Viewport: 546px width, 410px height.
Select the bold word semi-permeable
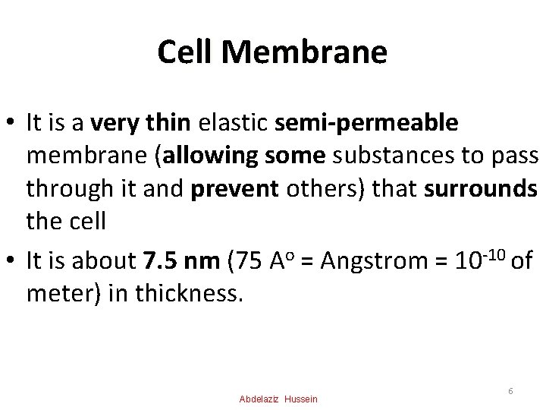pyautogui.click(x=367, y=121)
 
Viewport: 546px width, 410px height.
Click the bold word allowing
pyautogui.click(x=217, y=156)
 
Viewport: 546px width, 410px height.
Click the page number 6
pyautogui.click(x=511, y=390)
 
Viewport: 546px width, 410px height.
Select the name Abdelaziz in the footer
pyautogui.click(x=259, y=399)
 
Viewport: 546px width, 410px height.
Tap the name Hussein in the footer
pyautogui.click(x=302, y=399)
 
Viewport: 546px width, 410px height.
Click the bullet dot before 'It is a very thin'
pyautogui.click(x=11, y=122)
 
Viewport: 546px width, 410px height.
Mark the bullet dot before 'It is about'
pyautogui.click(x=11, y=262)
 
